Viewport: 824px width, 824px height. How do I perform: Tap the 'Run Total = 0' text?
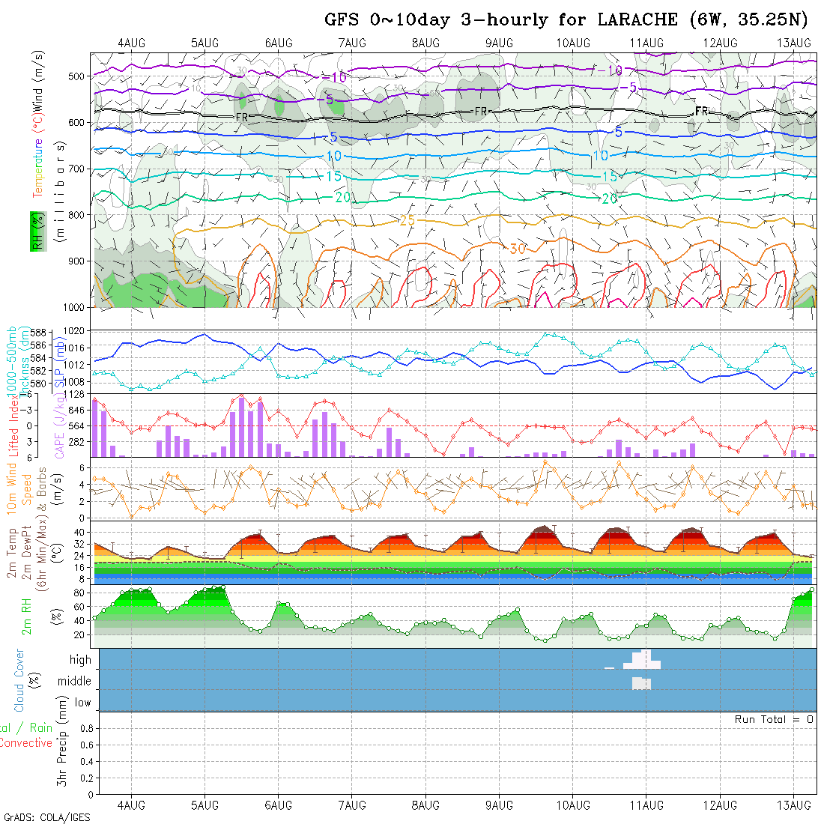[x=774, y=719]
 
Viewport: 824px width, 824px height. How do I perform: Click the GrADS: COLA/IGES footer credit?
[x=46, y=817]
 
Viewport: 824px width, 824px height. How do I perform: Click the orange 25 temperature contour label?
[x=408, y=220]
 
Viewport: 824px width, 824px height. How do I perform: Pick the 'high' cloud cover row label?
[x=80, y=660]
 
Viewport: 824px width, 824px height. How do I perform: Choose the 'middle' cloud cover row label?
[x=75, y=681]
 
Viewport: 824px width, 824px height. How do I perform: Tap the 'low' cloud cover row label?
[x=82, y=703]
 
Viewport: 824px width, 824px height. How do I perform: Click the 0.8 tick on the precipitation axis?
[x=85, y=728]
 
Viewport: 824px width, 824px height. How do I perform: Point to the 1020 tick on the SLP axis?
[x=76, y=330]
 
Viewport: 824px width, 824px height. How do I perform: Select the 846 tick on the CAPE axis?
[x=78, y=411]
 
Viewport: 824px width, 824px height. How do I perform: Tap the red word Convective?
[x=25, y=743]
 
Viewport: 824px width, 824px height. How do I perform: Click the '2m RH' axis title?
[x=26, y=617]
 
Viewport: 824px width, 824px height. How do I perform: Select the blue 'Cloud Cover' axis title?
[x=19, y=680]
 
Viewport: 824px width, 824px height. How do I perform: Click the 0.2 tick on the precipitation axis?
[x=85, y=778]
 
